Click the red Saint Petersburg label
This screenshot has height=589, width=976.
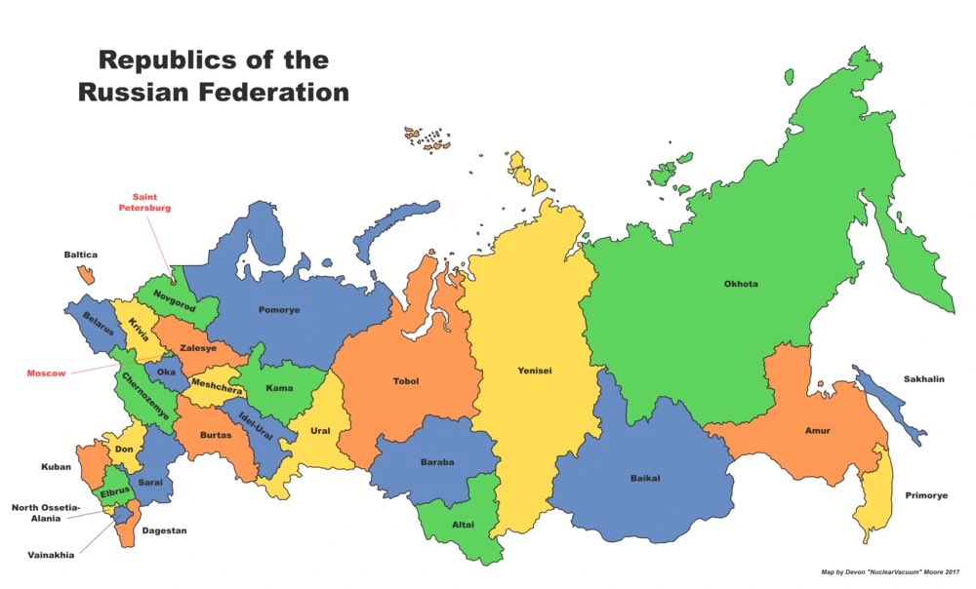click(144, 202)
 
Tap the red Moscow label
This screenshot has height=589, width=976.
click(46, 373)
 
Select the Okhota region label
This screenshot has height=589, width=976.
click(741, 285)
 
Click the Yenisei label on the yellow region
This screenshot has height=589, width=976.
click(535, 371)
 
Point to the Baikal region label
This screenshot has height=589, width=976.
click(645, 478)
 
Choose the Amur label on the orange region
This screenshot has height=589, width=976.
click(818, 430)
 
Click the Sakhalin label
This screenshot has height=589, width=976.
click(923, 379)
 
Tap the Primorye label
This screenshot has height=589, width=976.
click(926, 495)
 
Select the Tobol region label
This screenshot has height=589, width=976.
click(406, 381)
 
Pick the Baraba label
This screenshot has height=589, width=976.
click(437, 462)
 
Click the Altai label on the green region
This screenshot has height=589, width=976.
click(463, 525)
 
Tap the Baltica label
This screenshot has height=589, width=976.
click(81, 255)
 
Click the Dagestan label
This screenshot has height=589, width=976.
click(164, 530)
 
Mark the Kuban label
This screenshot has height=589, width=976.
click(56, 467)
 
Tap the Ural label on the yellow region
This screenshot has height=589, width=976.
click(320, 430)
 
